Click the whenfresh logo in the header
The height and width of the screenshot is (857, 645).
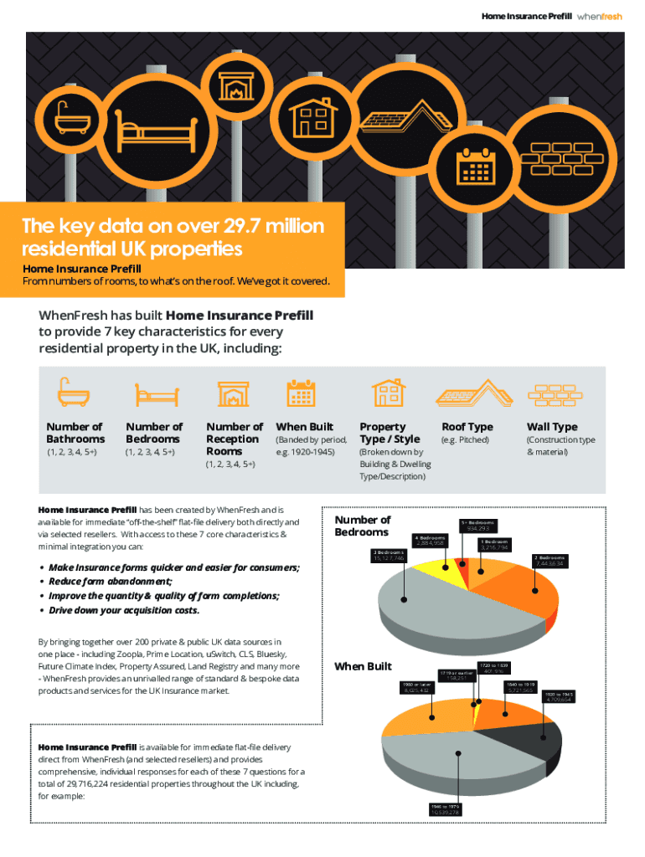click(x=601, y=16)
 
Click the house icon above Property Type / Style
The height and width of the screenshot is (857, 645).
click(x=387, y=393)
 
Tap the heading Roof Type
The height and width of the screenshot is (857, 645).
click(x=467, y=427)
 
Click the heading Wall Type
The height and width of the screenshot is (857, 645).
click(x=552, y=427)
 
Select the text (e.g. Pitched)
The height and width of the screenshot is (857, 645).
click(x=465, y=439)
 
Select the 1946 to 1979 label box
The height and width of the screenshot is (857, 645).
click(x=444, y=808)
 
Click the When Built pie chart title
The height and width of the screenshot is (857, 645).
click(x=363, y=666)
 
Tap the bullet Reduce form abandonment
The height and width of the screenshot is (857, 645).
click(x=111, y=581)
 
